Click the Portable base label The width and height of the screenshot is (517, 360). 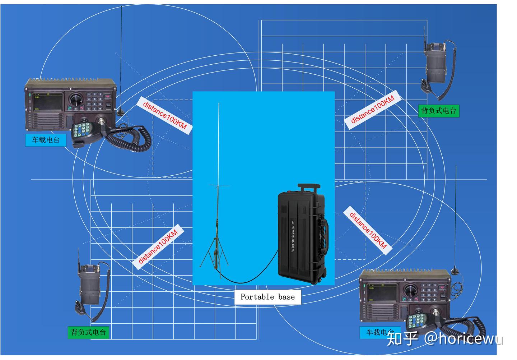click(x=267, y=297)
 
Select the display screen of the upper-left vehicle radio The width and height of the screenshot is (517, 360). click(x=48, y=100)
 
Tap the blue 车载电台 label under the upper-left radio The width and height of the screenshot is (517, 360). click(x=46, y=140)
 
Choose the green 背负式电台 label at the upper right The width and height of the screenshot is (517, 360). click(x=439, y=111)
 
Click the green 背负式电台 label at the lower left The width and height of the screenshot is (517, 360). click(x=88, y=332)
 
